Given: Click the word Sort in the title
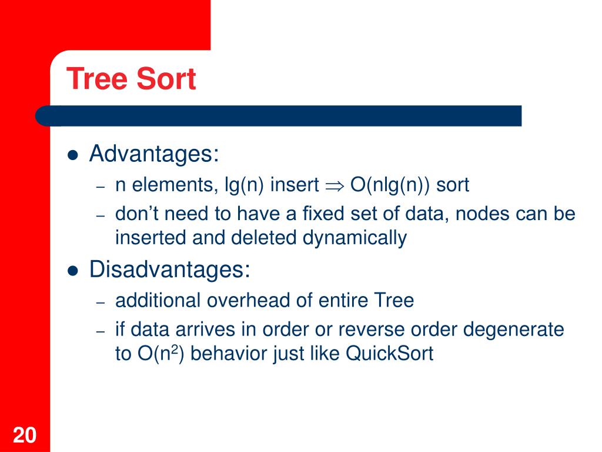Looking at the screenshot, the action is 166,79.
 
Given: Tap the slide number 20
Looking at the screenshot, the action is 25,435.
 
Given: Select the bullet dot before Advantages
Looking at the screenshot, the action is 72,155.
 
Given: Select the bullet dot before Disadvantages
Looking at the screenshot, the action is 72,271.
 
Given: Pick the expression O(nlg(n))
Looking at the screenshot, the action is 390,185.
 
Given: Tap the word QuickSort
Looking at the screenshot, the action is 389,353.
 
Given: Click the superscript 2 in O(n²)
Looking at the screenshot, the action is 174,348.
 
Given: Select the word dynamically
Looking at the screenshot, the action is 354,238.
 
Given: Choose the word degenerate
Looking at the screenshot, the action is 513,330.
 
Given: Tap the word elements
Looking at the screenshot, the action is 173,185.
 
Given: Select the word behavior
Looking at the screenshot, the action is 226,353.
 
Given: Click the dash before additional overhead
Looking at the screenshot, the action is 101,303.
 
